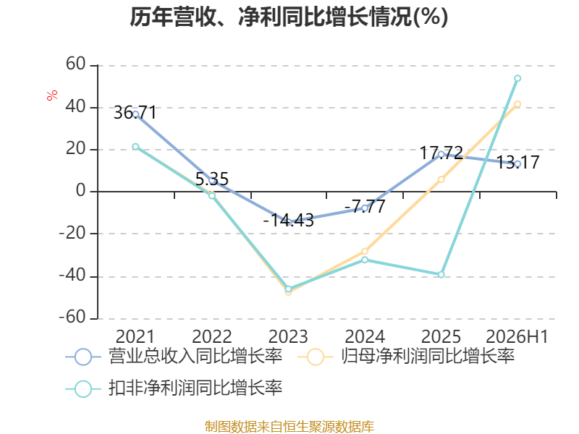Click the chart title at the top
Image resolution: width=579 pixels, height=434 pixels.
289,17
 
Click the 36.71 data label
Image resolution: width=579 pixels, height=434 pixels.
135,112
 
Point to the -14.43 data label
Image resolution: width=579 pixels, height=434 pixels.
288,220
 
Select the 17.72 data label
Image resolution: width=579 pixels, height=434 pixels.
441,153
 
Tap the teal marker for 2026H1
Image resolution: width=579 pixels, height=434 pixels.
517,78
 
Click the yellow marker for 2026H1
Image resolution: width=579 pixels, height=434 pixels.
517,104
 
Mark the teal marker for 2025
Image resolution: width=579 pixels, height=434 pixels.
441,275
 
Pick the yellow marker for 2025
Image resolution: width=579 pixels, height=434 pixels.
441,179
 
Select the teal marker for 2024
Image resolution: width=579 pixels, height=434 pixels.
365,260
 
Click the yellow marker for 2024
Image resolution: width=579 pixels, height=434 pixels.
365,251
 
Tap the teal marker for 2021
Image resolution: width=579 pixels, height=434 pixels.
135,147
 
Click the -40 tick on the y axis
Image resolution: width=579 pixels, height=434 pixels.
72,276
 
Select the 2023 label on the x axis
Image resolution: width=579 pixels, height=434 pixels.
288,336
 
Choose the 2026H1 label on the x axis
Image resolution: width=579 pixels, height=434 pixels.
517,336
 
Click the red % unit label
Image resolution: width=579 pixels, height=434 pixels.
52,95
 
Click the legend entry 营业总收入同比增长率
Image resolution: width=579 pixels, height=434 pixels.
174,357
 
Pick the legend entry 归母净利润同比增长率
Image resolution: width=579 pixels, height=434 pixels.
406,357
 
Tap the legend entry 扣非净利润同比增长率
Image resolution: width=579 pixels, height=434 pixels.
174,388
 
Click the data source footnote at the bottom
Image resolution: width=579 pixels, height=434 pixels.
289,427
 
